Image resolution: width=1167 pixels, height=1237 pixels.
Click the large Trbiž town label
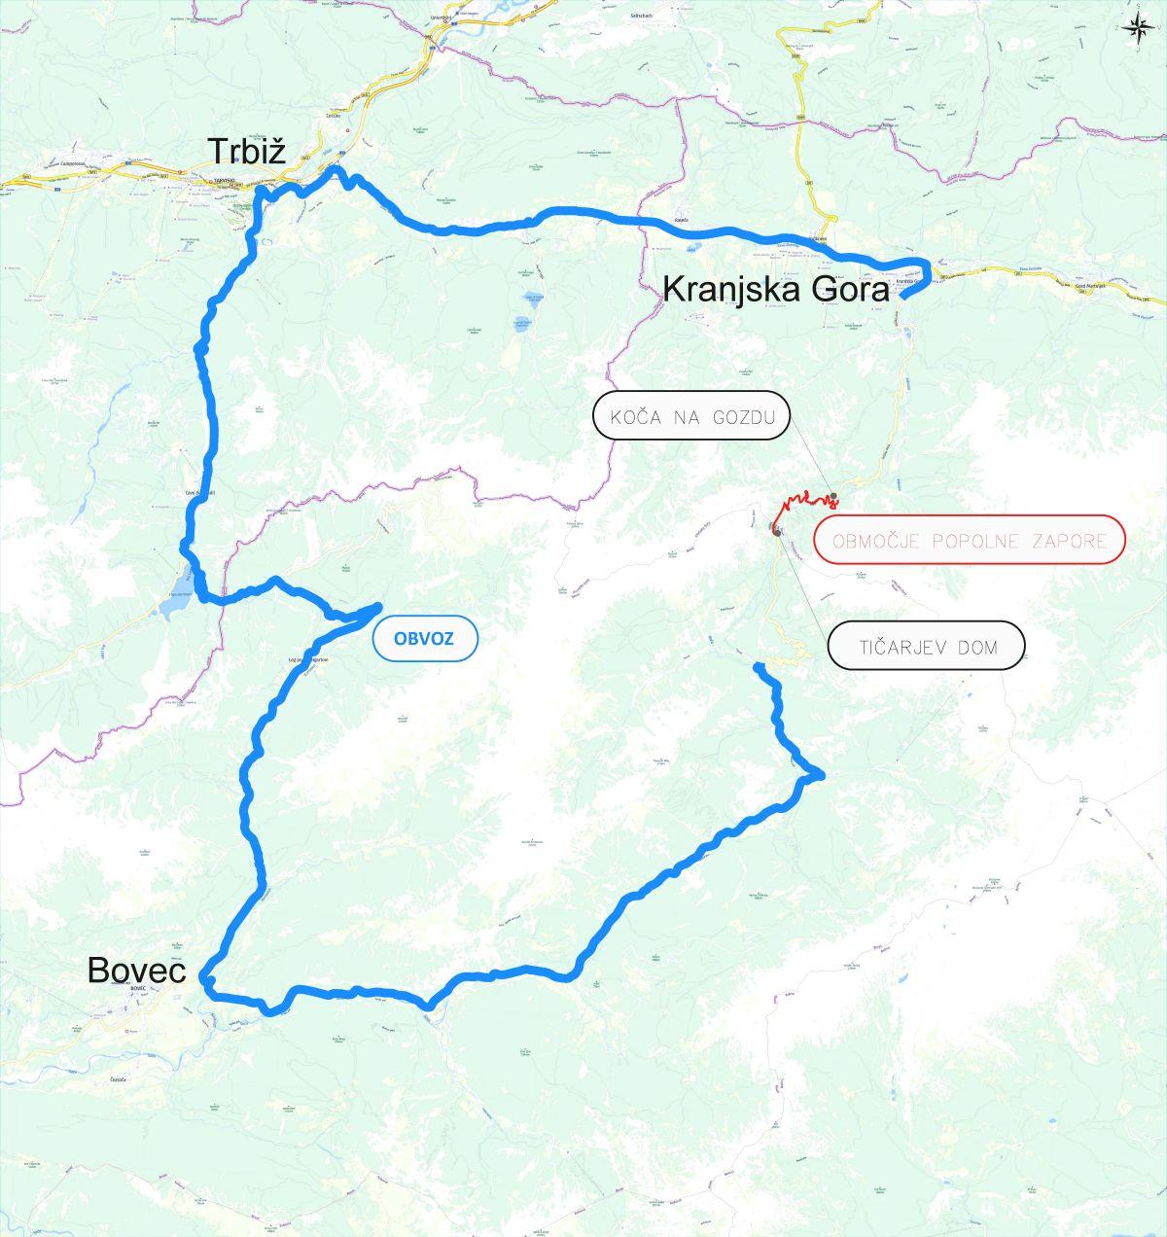(x=246, y=151)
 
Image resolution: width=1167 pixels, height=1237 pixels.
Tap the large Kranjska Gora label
(x=775, y=290)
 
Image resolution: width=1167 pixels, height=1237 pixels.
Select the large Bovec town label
(x=136, y=970)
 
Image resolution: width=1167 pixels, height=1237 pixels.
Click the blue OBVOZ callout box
(x=423, y=639)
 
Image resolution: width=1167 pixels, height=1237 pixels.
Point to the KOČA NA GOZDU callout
(x=691, y=416)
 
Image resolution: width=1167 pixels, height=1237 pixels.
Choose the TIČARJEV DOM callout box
(x=926, y=646)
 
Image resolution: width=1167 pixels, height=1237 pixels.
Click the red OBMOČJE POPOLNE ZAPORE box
(x=969, y=540)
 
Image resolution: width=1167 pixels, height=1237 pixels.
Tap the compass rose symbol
(x=1135, y=27)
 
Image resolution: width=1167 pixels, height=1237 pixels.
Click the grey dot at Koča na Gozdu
(x=833, y=497)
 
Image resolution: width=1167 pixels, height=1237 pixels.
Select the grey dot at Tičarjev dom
(x=776, y=530)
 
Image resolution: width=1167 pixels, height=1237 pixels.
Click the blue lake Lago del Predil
(x=175, y=606)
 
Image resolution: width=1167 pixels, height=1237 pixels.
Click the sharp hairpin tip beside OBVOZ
(x=378, y=606)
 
